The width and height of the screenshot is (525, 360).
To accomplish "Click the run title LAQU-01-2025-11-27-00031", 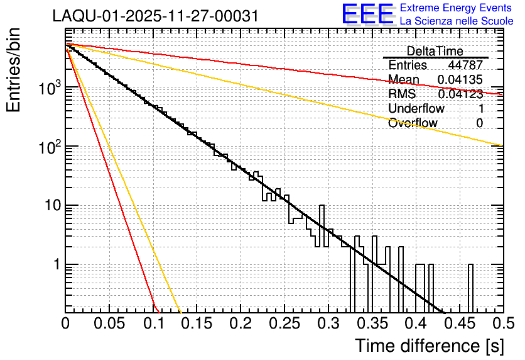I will (156, 16).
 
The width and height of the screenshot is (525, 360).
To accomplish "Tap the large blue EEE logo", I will (368, 14).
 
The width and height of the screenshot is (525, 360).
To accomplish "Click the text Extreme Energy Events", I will (457, 8).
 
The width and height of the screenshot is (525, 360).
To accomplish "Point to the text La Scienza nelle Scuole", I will (457, 21).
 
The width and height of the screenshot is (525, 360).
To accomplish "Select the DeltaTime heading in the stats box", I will (435, 51).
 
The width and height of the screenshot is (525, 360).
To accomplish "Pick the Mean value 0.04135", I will (460, 80).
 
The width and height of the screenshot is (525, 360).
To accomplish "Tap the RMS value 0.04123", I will (460, 94).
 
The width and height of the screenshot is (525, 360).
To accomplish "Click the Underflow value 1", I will (480, 109).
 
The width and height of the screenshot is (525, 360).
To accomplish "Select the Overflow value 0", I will (480, 123).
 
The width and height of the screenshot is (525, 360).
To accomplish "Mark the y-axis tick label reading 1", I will (55, 265).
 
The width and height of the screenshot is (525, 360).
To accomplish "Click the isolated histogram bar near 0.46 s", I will (470, 288).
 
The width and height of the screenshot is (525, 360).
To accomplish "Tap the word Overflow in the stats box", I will (413, 123).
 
